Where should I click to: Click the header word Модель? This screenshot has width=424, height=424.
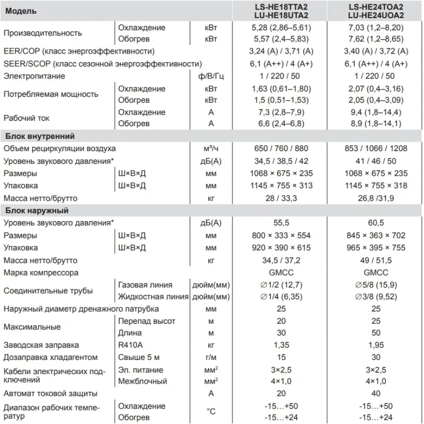click(21, 11)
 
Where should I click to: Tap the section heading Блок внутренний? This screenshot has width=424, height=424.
click(40, 136)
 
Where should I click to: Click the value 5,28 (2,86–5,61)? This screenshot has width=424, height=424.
click(281, 28)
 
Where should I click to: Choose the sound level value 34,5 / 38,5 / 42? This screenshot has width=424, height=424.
click(281, 161)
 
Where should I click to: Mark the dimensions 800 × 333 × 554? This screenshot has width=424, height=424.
click(281, 235)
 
